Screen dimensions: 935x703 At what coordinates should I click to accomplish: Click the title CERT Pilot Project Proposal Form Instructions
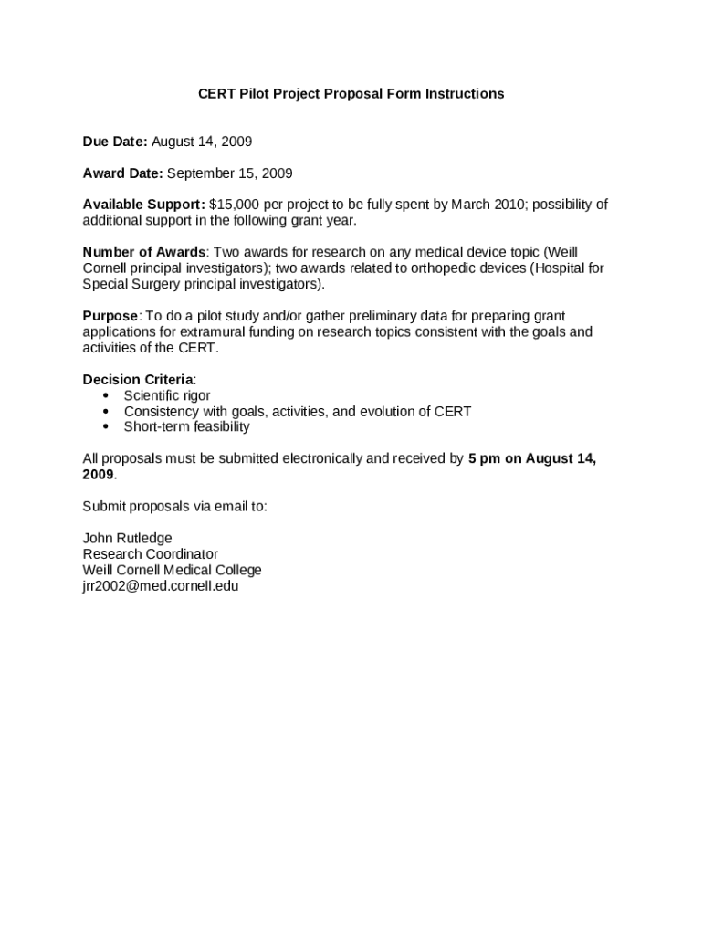(351, 94)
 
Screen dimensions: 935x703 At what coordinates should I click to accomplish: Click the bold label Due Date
(115, 142)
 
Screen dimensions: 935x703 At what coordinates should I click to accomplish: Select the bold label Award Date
(123, 173)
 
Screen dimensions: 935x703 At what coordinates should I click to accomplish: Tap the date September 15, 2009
(230, 173)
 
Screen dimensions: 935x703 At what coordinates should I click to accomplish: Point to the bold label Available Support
(144, 205)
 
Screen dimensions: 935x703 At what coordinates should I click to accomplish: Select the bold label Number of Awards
(144, 253)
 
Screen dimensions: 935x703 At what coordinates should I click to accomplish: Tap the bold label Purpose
(110, 316)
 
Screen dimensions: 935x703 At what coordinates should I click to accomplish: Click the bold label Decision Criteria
(138, 380)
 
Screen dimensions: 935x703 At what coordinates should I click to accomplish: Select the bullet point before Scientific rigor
(107, 395)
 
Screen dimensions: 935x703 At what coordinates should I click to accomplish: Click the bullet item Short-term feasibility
(186, 426)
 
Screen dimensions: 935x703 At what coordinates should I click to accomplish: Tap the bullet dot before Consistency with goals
(107, 411)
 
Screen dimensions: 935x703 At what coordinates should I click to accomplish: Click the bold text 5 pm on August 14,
(532, 459)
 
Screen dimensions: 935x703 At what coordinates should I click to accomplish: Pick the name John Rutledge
(127, 538)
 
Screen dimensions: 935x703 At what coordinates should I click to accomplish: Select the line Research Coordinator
(151, 554)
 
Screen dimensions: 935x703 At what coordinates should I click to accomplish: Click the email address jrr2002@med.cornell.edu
(161, 586)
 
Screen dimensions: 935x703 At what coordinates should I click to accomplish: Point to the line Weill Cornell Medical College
(172, 570)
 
